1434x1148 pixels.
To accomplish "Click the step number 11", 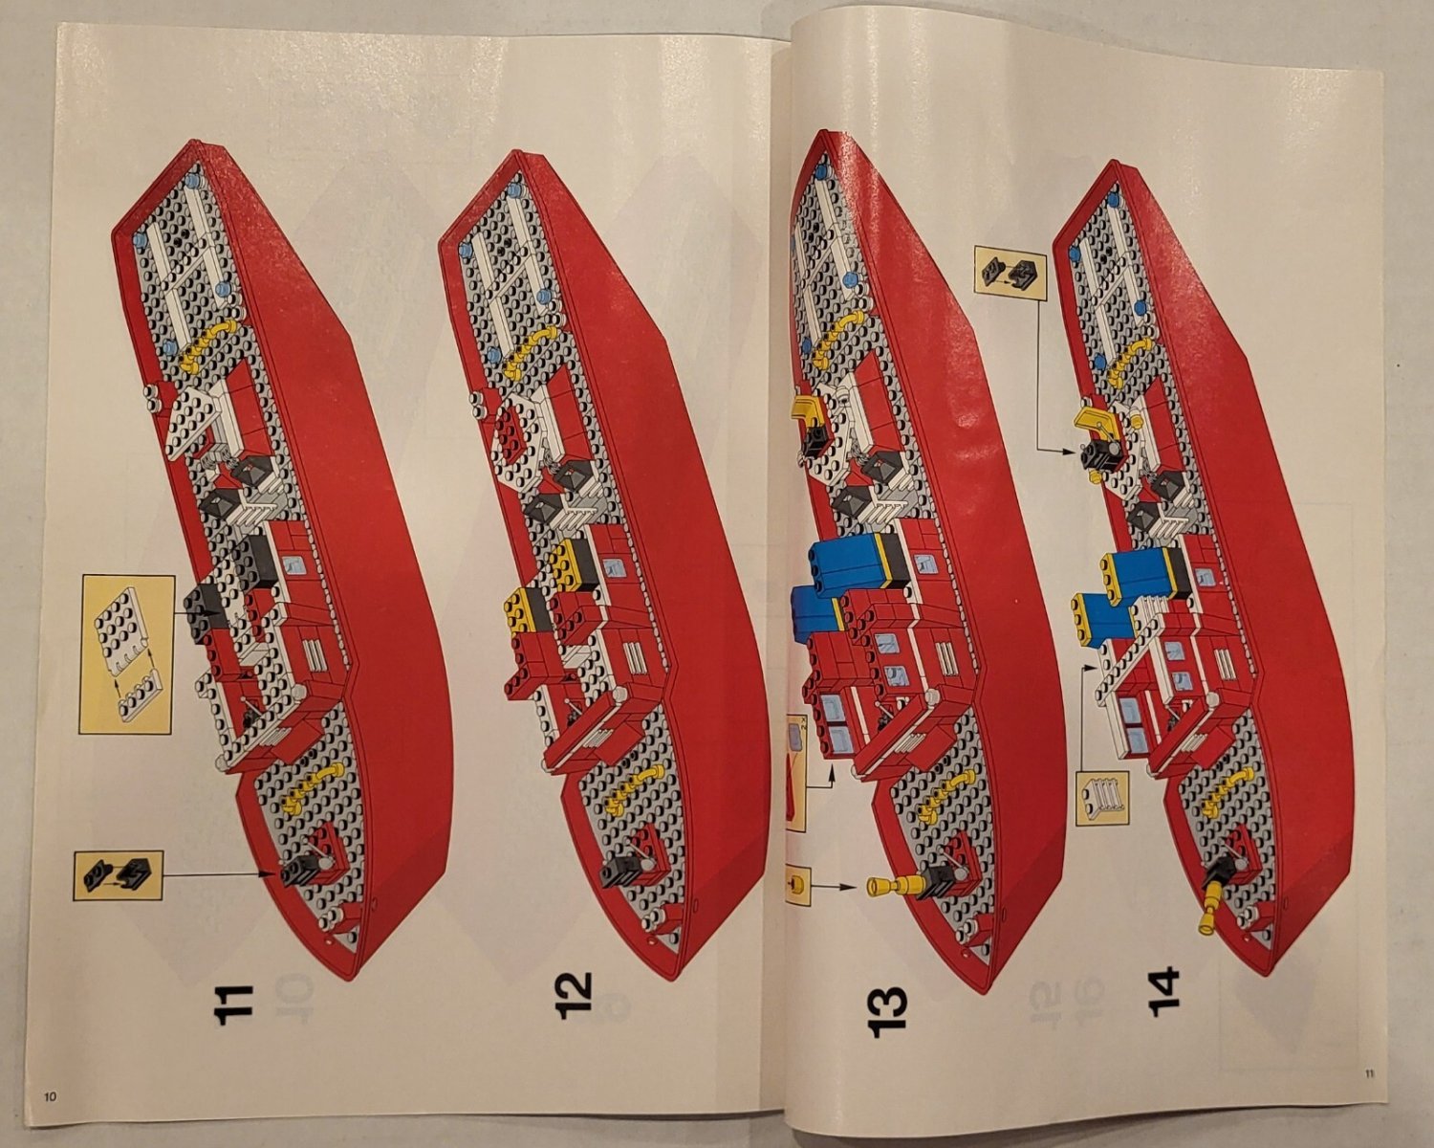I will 234,1004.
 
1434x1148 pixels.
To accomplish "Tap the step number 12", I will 575,996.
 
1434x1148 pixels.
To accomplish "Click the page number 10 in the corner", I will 50,1096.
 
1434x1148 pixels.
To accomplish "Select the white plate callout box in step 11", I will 126,653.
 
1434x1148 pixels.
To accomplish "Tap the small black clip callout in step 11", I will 118,874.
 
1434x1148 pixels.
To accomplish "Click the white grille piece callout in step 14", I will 1102,797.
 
